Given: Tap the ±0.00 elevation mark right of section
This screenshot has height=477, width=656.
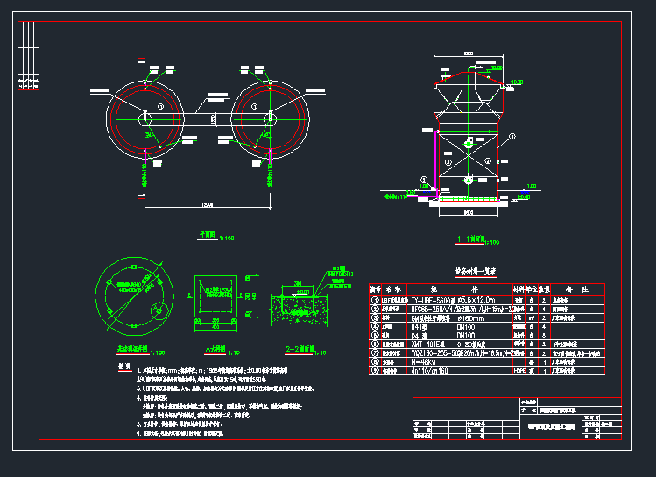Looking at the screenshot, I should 524,196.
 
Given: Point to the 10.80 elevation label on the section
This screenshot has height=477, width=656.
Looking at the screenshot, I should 516,82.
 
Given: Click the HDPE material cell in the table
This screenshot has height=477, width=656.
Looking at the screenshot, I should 519,370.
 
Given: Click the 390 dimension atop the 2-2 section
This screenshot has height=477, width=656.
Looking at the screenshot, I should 298,283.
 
